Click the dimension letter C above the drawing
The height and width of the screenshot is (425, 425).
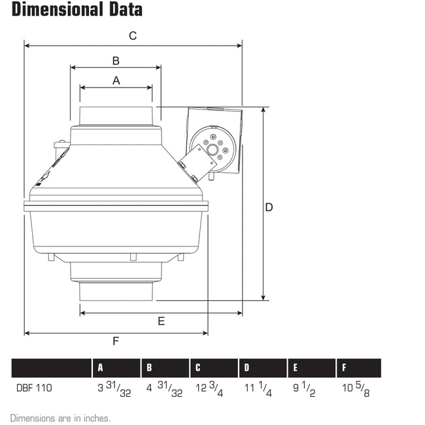coord(133,36)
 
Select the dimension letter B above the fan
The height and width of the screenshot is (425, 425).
coord(116,61)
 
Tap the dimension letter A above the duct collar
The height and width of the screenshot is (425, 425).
coord(116,80)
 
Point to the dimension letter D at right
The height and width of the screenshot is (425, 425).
coord(269,207)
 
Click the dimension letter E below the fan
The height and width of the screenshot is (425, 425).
coord(161,321)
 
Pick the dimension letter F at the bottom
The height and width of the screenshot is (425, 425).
coord(116,341)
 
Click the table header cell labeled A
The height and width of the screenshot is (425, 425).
coord(101,368)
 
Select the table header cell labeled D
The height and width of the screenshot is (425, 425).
coord(246,368)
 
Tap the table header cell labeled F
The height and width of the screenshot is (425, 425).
coord(345,368)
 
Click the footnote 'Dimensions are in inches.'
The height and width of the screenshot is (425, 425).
coord(60,417)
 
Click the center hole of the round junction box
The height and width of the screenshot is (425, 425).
coord(213,149)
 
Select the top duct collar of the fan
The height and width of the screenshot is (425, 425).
coord(116,116)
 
